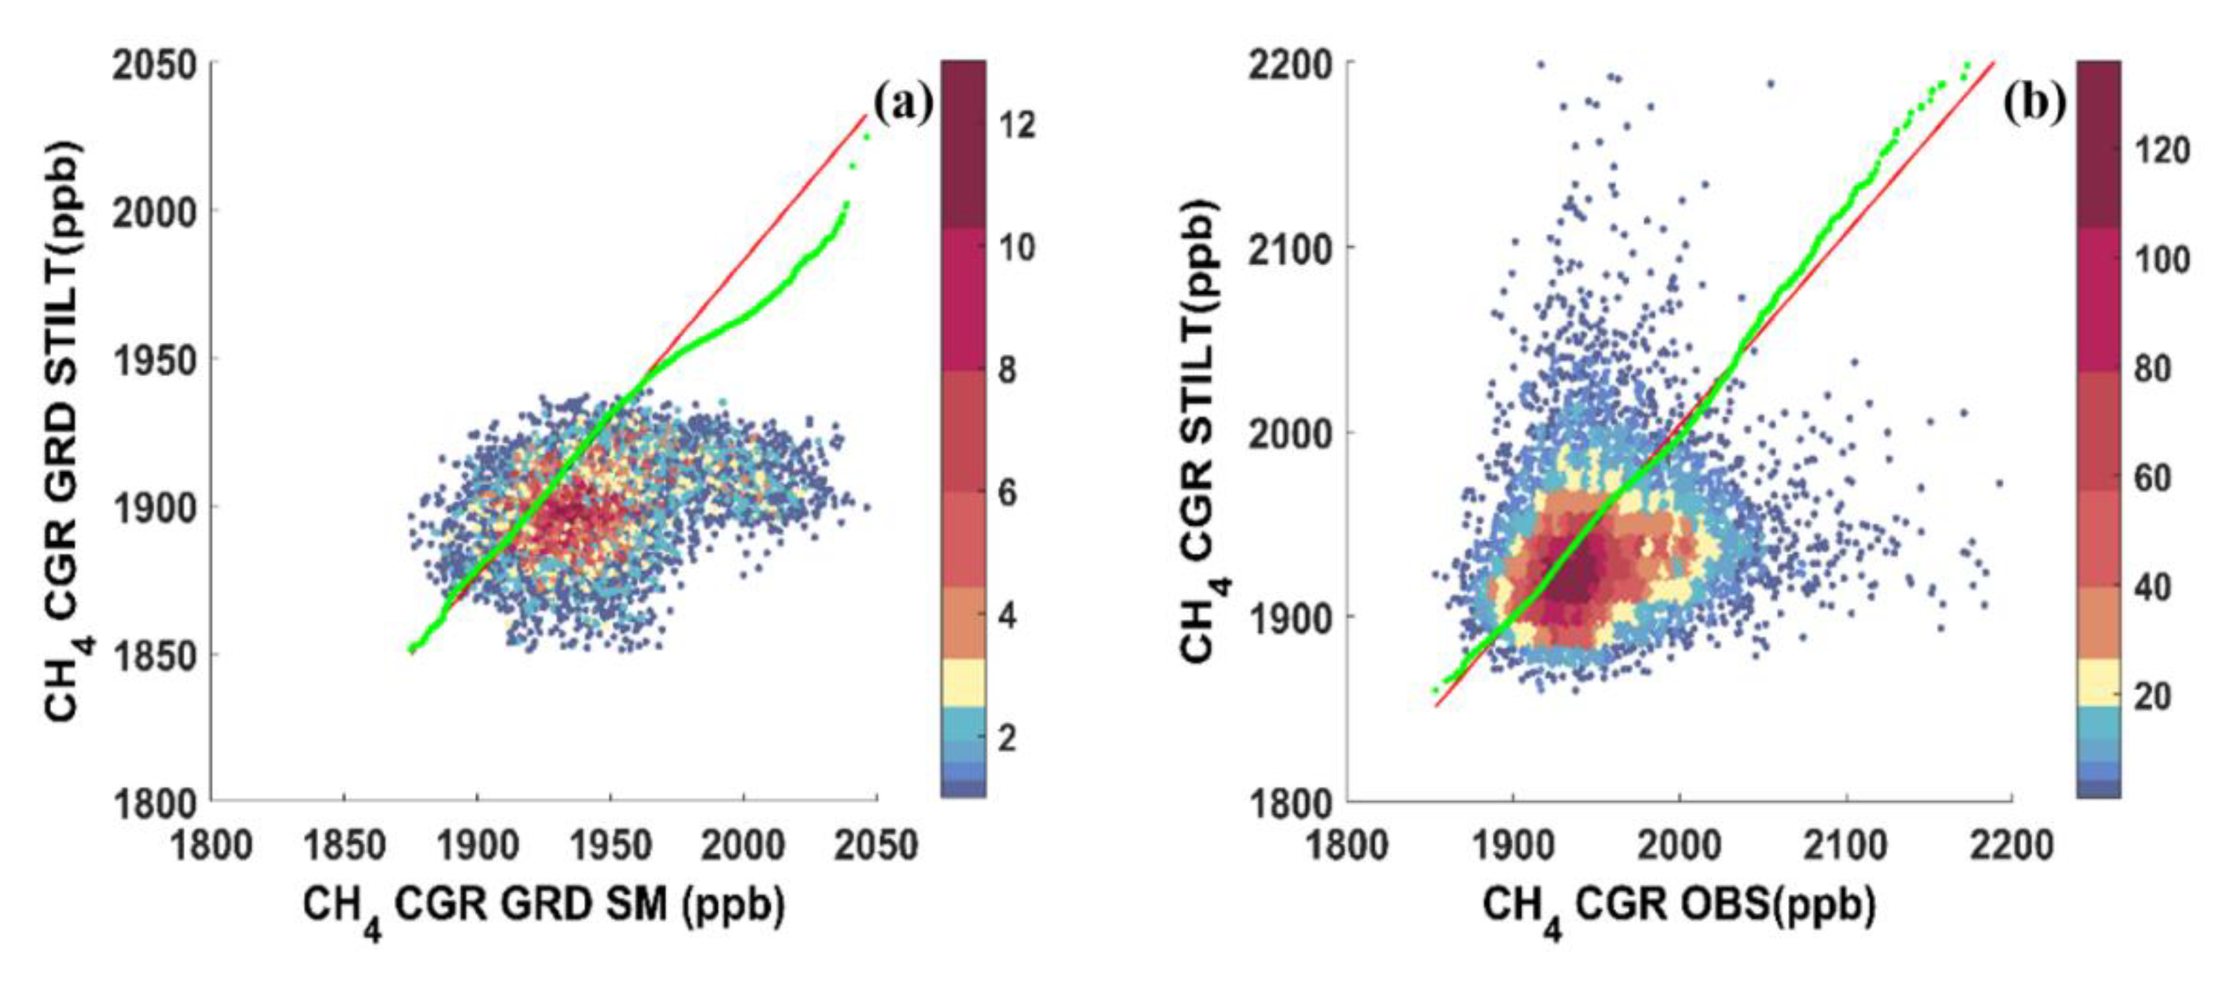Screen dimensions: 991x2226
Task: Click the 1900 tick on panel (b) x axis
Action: click(1512, 844)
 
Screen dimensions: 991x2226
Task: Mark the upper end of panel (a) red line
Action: click(866, 115)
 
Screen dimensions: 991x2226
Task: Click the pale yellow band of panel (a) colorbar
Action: click(963, 683)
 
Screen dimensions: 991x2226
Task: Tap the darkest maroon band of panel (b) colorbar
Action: click(2098, 143)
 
